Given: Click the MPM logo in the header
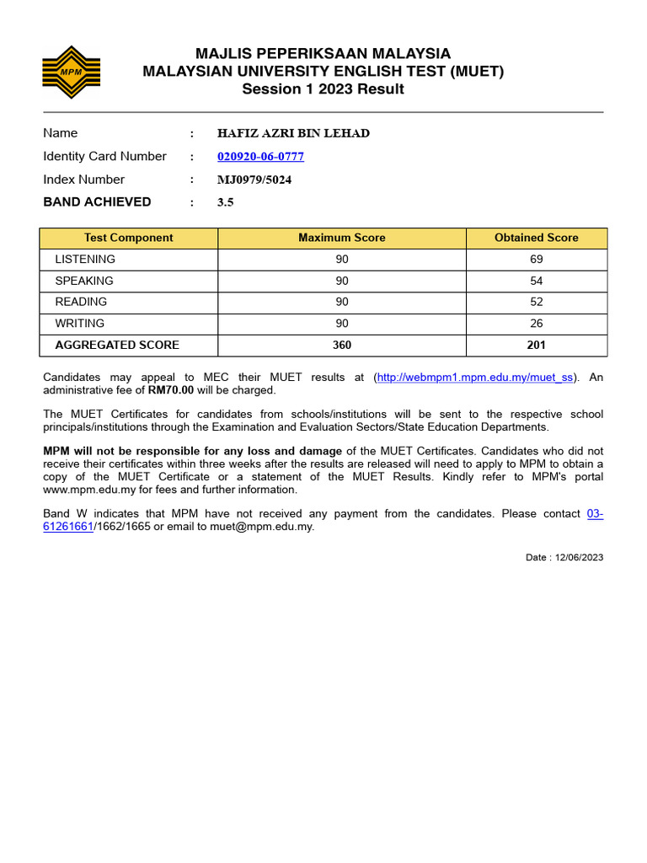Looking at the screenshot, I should pyautogui.click(x=72, y=71).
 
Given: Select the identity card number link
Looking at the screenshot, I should pyautogui.click(x=260, y=157).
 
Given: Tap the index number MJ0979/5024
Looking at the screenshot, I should pyautogui.click(x=254, y=180).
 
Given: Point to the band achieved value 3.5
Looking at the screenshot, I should pyautogui.click(x=225, y=202).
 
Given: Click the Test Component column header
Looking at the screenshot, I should pyautogui.click(x=129, y=238).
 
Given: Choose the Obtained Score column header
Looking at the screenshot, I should pyautogui.click(x=536, y=238).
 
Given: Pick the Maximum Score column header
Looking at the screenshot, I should pyautogui.click(x=342, y=238).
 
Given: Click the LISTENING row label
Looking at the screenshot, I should pyautogui.click(x=85, y=260).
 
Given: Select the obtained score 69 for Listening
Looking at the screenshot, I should pyautogui.click(x=537, y=260).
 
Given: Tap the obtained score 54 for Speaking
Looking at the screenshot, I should pyautogui.click(x=537, y=281).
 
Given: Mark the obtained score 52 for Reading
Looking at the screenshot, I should pyautogui.click(x=537, y=302).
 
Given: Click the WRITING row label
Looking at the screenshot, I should pyautogui.click(x=80, y=323).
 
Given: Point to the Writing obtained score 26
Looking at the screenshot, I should pyautogui.click(x=537, y=323).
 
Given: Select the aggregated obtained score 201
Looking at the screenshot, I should pyautogui.click(x=537, y=345).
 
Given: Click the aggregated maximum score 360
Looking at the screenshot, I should pyautogui.click(x=342, y=345).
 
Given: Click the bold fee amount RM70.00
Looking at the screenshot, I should pyautogui.click(x=171, y=390).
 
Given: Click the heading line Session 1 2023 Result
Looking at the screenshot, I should pyautogui.click(x=323, y=89).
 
